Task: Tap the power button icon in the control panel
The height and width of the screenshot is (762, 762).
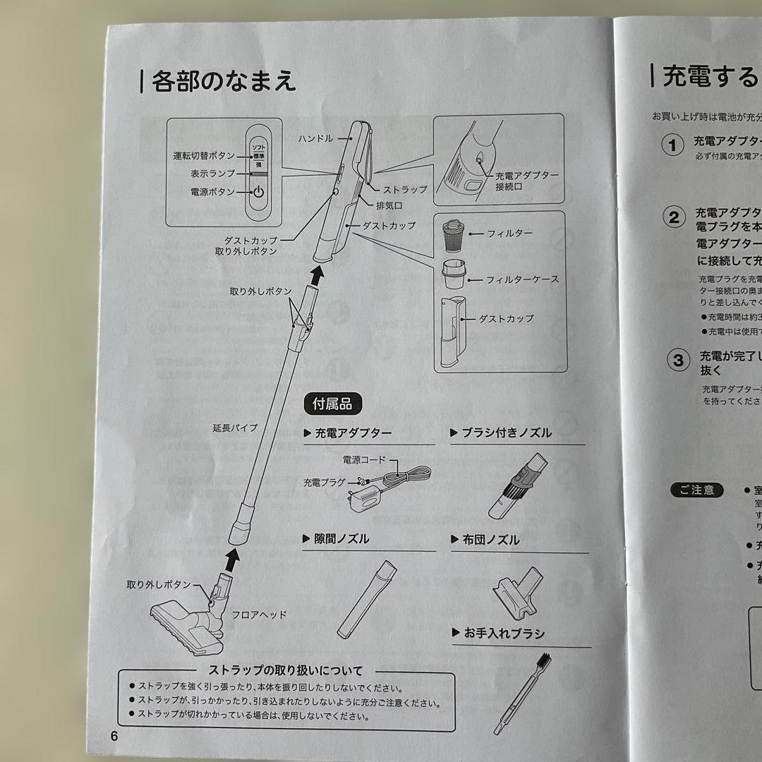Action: (x=258, y=191)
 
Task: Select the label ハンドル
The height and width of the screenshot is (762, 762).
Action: (x=315, y=139)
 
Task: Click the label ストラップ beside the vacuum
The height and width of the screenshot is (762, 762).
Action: (x=404, y=190)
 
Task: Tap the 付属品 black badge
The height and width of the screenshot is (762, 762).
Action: (x=332, y=404)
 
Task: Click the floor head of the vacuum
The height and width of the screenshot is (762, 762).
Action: (x=185, y=620)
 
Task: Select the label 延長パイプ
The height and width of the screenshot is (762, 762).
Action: (x=234, y=428)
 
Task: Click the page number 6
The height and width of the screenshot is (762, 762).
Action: (x=114, y=734)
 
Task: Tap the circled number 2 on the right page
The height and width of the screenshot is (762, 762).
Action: (x=675, y=217)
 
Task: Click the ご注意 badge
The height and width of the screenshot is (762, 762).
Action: (x=697, y=490)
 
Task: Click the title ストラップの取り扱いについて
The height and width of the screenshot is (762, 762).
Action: (x=286, y=670)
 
